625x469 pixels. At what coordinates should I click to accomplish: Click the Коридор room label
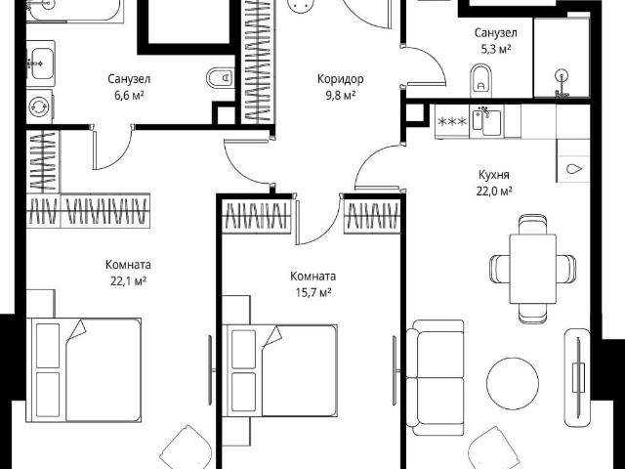point(341,79)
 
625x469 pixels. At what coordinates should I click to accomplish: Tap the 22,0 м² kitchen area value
point(494,192)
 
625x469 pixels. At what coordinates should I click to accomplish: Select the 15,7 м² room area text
point(313,293)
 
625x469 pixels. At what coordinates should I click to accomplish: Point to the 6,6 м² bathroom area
point(129,96)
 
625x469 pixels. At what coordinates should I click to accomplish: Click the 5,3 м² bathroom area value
point(496,50)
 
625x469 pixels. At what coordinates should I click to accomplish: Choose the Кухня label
point(494,175)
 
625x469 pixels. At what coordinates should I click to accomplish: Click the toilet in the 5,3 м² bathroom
point(481,80)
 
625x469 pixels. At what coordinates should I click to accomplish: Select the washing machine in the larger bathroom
point(39,107)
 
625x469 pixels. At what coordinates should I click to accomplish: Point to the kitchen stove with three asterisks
point(452,121)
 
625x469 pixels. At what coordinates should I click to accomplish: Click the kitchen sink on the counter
point(486,121)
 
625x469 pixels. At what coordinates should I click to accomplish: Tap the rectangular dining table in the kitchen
point(532,269)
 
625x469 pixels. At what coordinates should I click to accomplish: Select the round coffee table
point(513,383)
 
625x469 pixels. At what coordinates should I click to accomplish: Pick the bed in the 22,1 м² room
point(84,369)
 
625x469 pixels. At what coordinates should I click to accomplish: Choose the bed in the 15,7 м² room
point(280,370)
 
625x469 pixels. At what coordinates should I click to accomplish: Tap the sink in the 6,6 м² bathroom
point(41,63)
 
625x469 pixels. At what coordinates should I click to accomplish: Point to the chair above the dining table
point(532,226)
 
